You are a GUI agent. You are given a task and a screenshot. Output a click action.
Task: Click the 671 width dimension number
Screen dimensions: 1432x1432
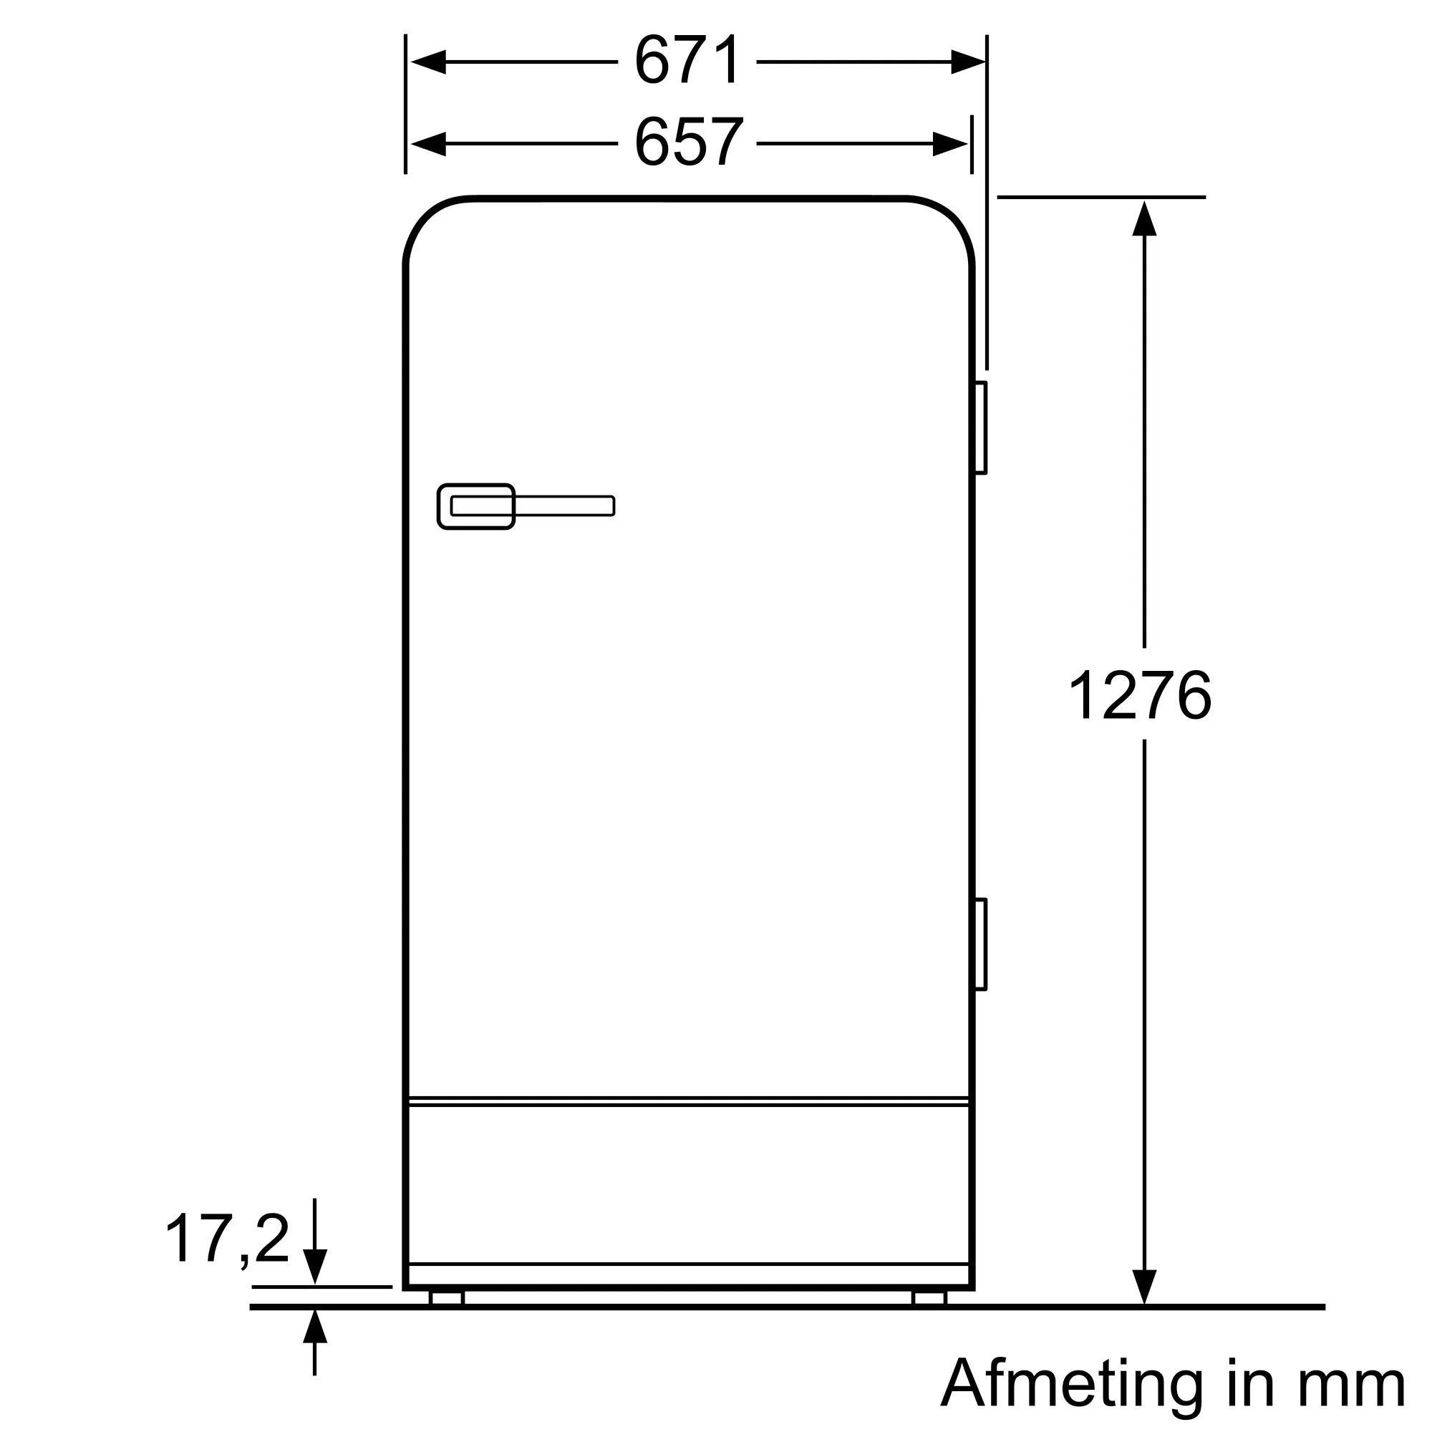click(687, 61)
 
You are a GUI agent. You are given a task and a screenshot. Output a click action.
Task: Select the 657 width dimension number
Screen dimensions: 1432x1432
click(688, 142)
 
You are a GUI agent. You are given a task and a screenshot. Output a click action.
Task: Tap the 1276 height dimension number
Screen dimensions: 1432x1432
click(1140, 695)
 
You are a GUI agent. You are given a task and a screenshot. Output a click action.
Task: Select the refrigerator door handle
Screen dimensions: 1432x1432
click(526, 506)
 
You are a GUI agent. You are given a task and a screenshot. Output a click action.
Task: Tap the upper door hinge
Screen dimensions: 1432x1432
click(980, 427)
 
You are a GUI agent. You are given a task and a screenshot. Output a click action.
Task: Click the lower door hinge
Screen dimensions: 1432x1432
click(980, 944)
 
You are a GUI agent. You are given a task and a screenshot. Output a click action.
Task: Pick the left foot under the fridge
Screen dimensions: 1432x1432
click(446, 1298)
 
